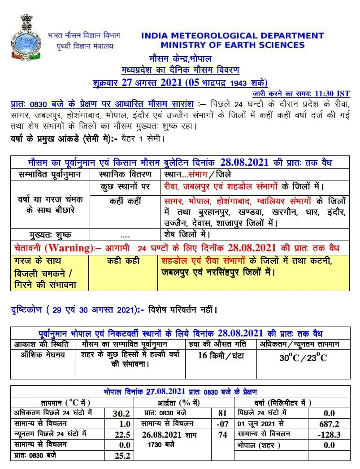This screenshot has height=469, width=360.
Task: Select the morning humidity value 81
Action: tap(222, 413)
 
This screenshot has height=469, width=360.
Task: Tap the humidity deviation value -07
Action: tap(222, 424)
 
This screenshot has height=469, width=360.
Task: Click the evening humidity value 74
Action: tap(222, 435)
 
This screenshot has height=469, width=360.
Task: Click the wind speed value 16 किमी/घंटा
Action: tap(221, 356)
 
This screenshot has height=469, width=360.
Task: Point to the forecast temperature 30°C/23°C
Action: tap(303, 357)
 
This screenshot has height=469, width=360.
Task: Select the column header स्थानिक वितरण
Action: tap(124, 174)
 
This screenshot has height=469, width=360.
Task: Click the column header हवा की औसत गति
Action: tap(221, 344)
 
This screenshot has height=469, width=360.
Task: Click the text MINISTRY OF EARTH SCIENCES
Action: tap(232, 45)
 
